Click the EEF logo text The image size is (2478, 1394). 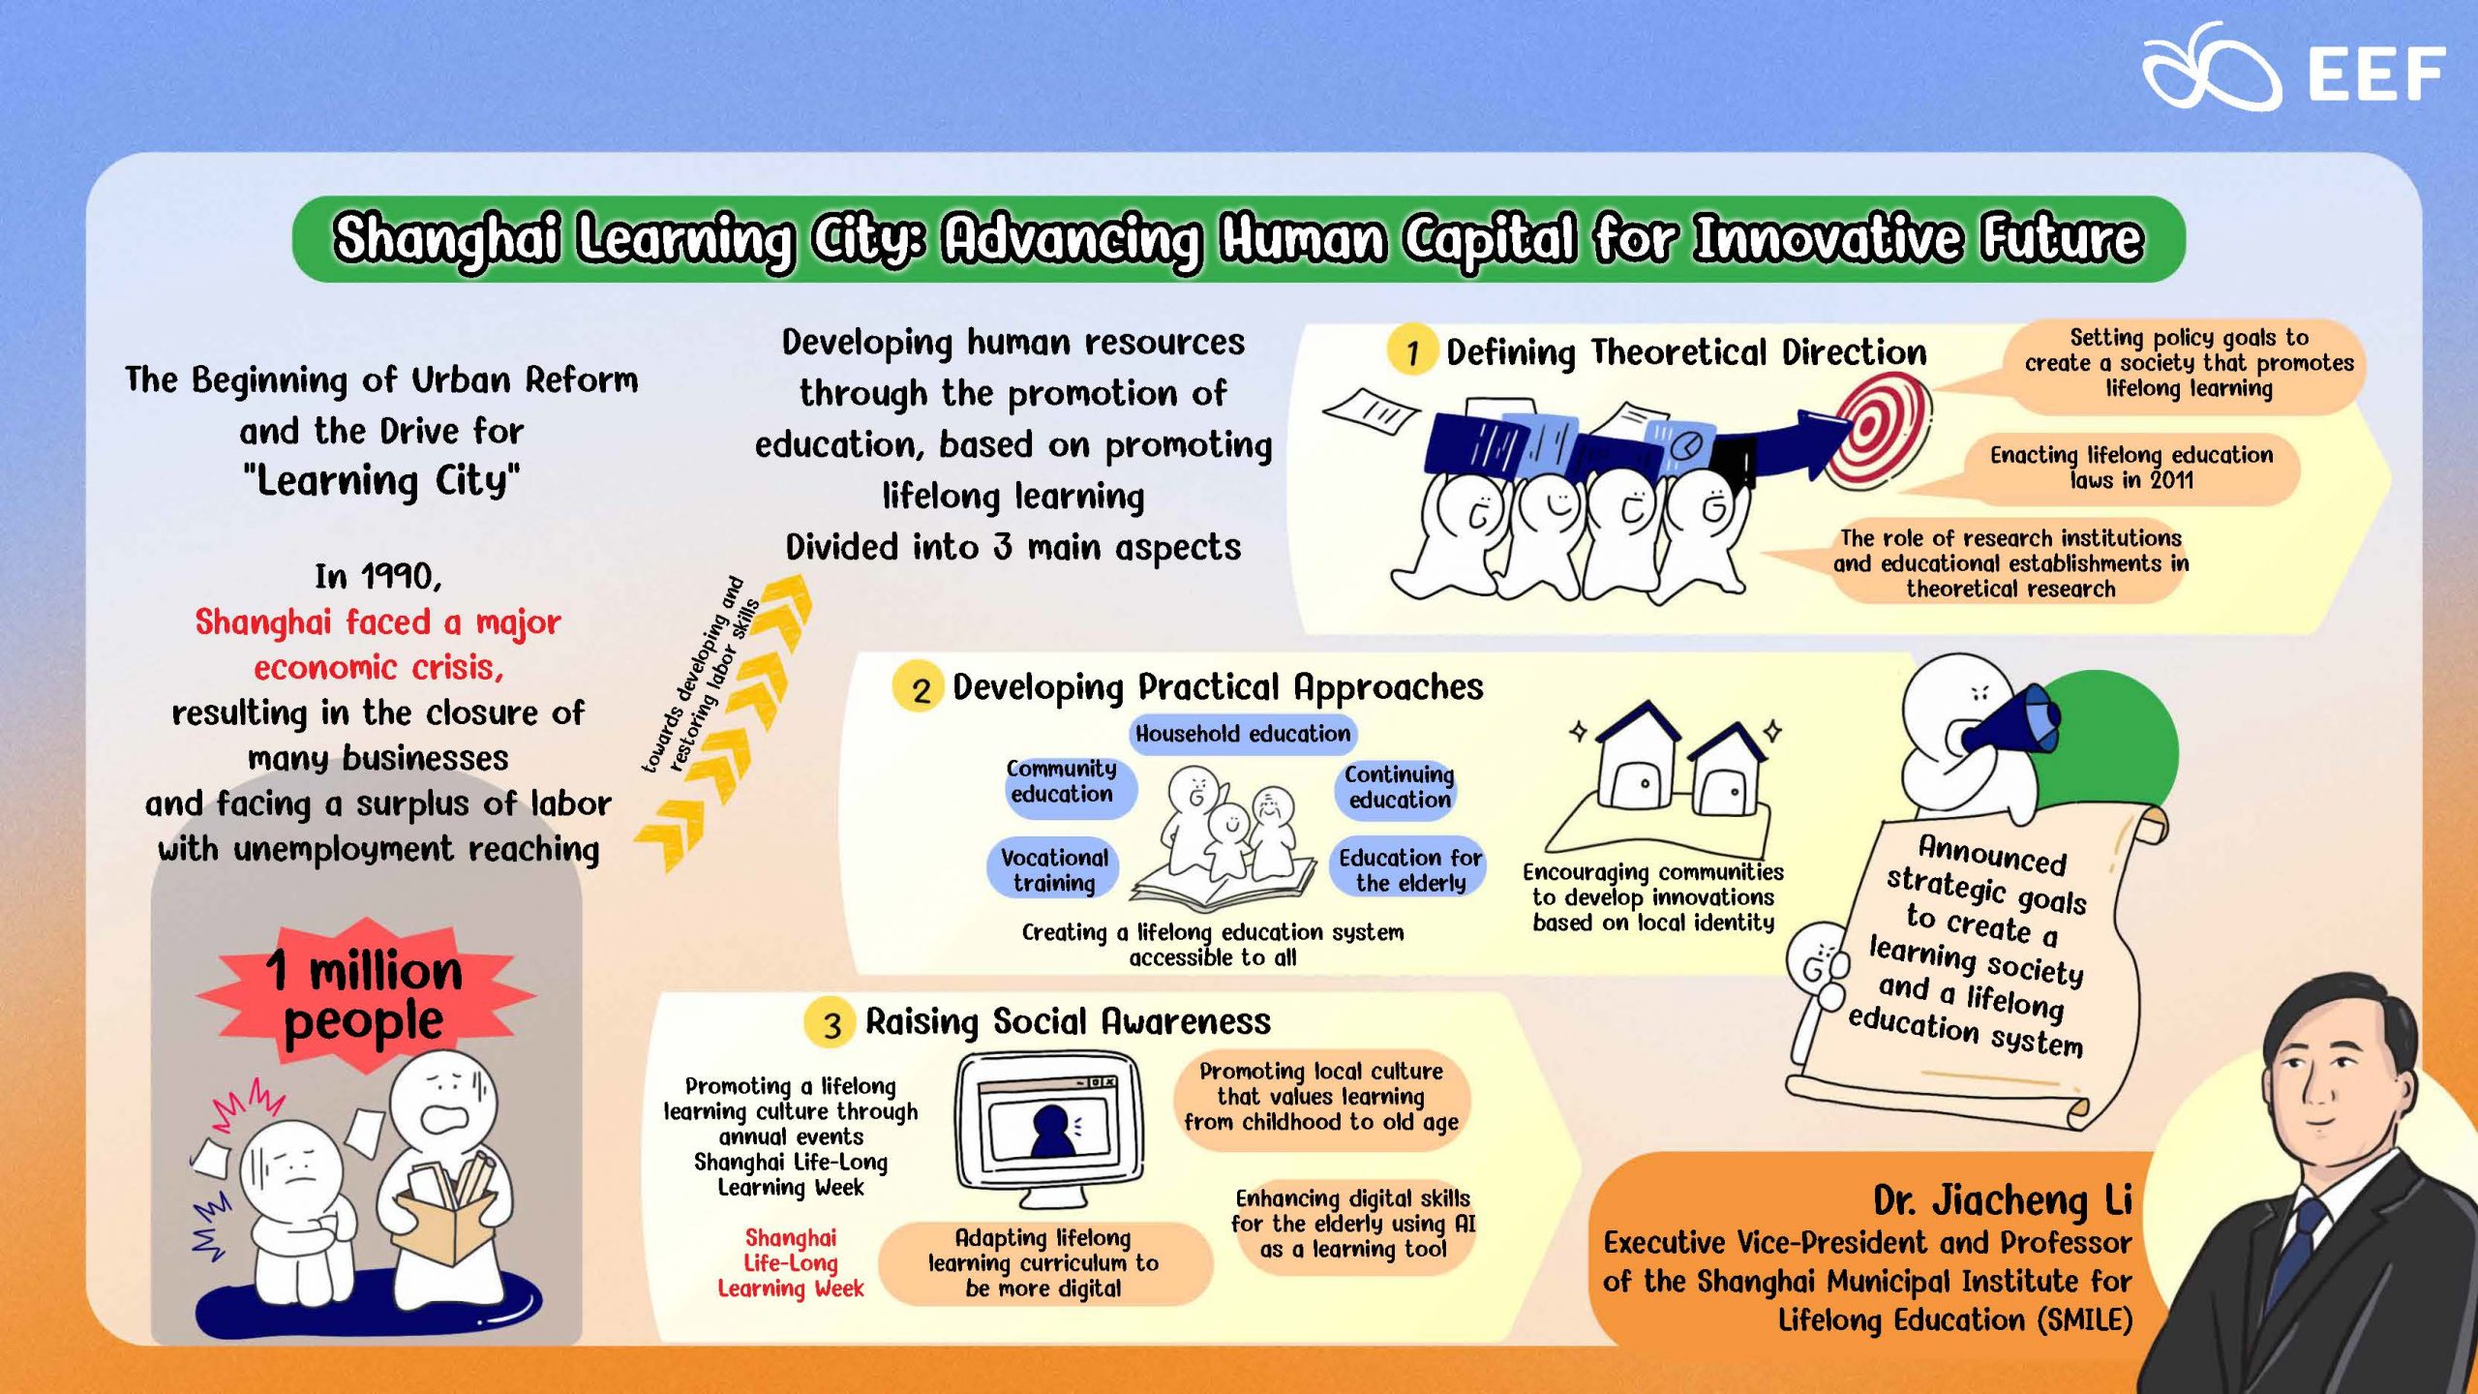pyautogui.click(x=2376, y=75)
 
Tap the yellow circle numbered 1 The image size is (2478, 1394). pyautogui.click(x=1412, y=351)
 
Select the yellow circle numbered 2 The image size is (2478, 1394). pyautogui.click(x=919, y=688)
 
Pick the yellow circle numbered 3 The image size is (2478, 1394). pyautogui.click(x=831, y=1024)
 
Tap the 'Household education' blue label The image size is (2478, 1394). pyautogui.click(x=1243, y=734)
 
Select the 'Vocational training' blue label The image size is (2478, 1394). pyautogui.click(x=1054, y=869)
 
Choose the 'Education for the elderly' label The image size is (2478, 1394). pyautogui.click(x=1409, y=869)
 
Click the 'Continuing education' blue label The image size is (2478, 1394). pyautogui.click(x=1399, y=787)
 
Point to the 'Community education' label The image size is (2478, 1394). pyautogui.click(x=1062, y=781)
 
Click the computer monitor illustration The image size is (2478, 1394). pyautogui.click(x=1048, y=1129)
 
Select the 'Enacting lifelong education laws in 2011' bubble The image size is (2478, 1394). pyautogui.click(x=2130, y=469)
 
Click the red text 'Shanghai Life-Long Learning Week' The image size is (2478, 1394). pyautogui.click(x=791, y=1263)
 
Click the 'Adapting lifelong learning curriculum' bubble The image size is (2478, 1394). pyautogui.click(x=1043, y=1263)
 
